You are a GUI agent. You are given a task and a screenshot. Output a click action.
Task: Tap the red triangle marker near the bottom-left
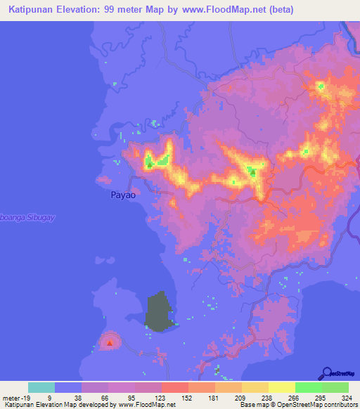110,343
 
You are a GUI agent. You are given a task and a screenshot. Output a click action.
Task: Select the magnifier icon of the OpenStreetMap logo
326,373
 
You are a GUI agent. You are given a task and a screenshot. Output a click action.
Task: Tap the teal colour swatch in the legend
41,387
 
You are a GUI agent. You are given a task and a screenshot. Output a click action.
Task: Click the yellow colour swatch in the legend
281,387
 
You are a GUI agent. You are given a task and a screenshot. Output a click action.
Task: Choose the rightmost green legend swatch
335,387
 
